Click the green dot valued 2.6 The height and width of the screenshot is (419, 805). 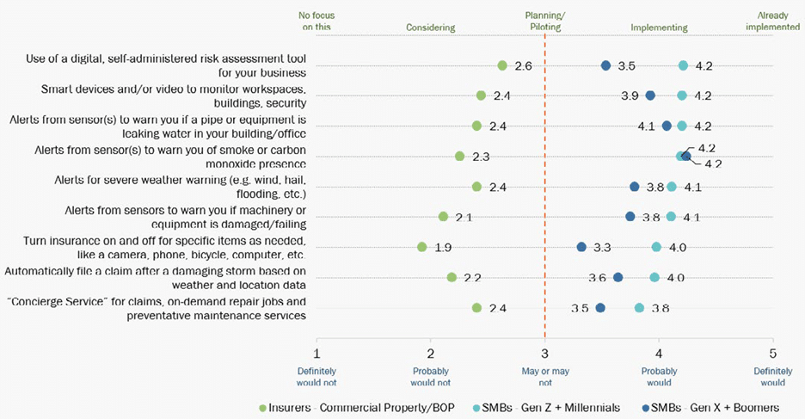tap(502, 65)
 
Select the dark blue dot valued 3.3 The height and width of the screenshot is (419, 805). tap(581, 247)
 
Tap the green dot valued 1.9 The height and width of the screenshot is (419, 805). tap(422, 247)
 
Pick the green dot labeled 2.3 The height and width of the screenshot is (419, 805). tap(460, 157)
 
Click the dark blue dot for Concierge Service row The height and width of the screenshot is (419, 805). tap(600, 308)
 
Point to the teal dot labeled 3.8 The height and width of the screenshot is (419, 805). tap(639, 308)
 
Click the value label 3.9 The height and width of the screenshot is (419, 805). tap(630, 96)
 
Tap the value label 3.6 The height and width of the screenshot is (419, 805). tap(597, 278)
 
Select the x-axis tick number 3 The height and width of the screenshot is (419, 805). tap(544, 353)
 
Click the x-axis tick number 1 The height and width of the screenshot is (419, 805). tap(317, 353)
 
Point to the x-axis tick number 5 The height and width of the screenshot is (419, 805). tap(773, 353)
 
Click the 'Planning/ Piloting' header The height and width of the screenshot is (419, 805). tap(545, 22)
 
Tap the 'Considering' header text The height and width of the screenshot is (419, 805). tap(430, 28)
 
